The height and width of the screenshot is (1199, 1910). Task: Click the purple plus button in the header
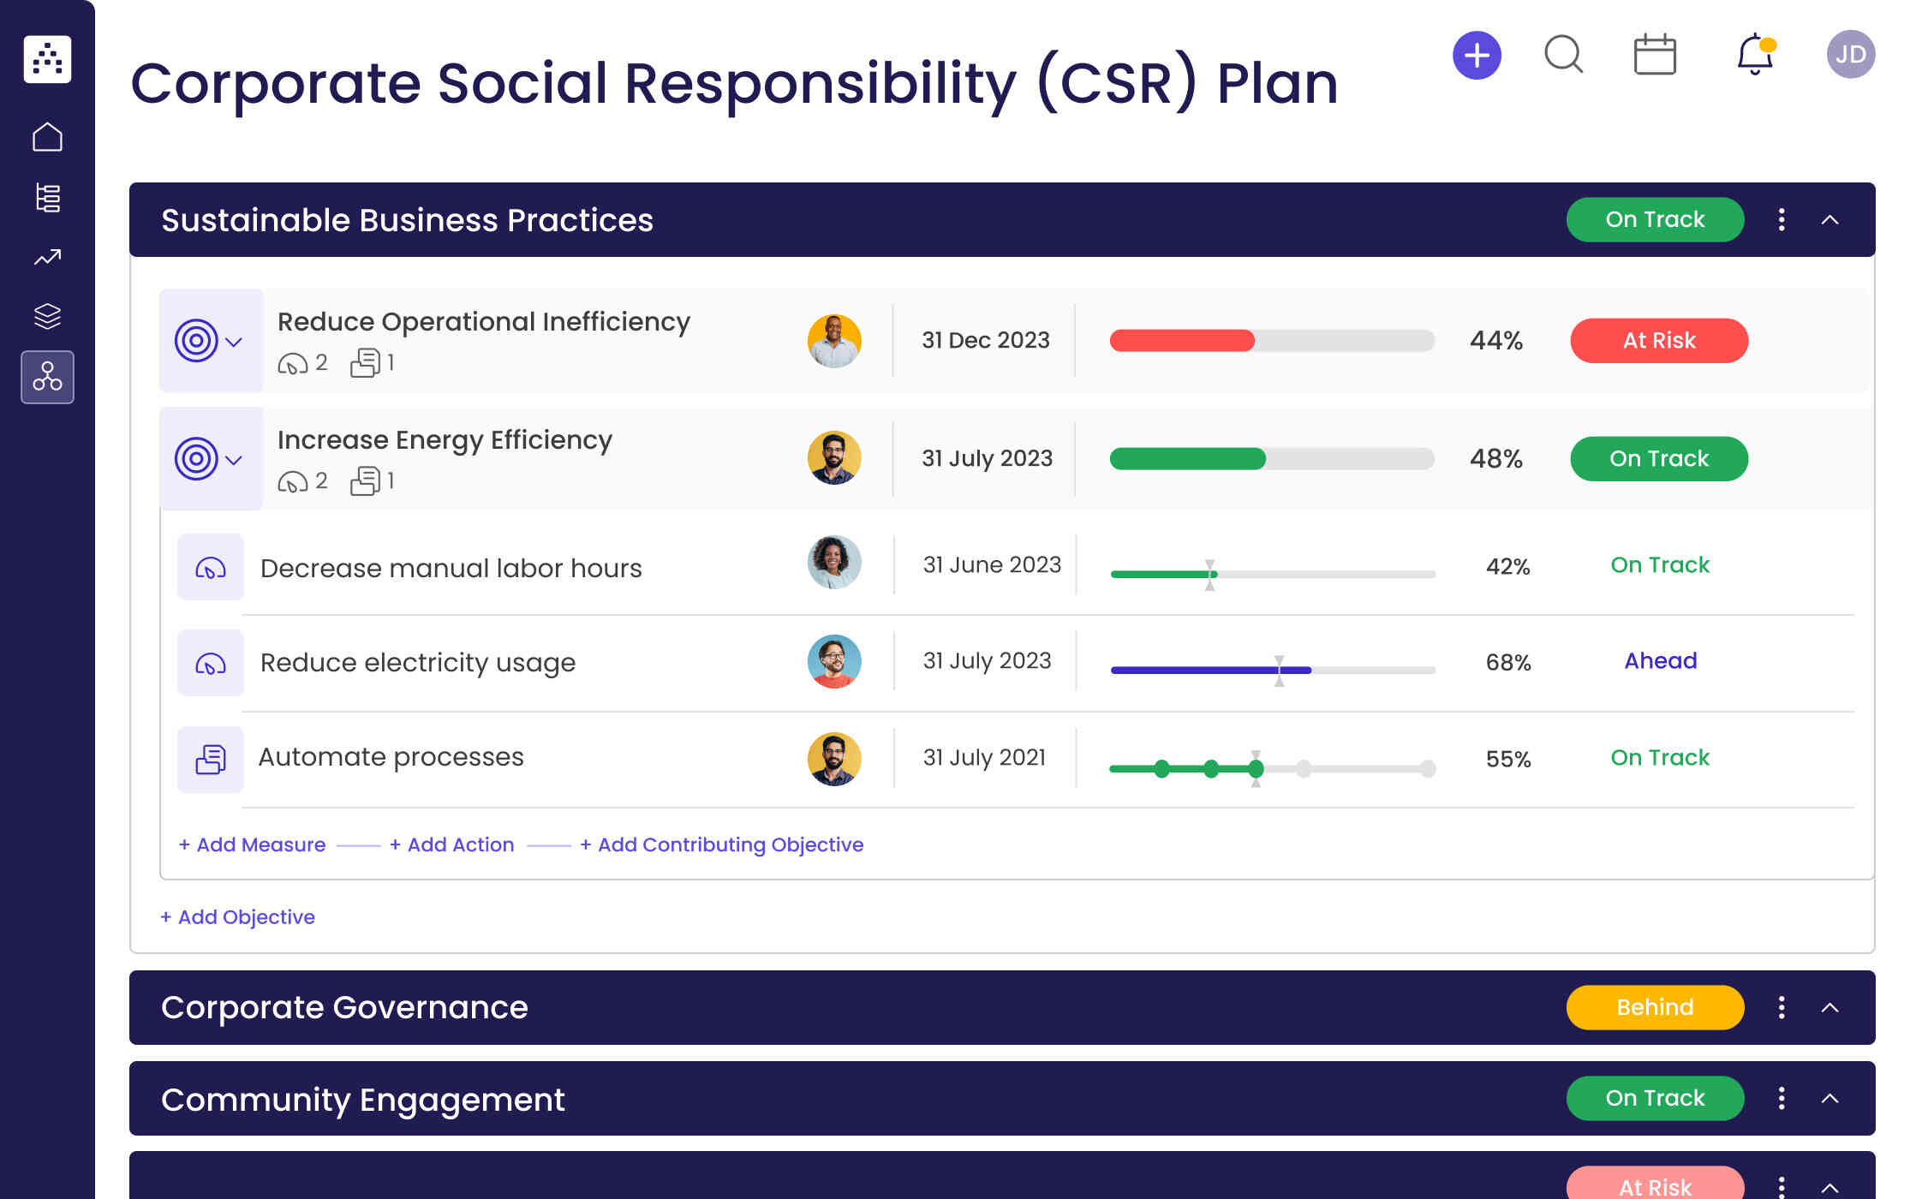[x=1477, y=56]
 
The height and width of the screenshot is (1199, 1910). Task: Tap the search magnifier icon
[x=1563, y=55]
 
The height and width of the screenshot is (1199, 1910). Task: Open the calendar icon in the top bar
[x=1654, y=56]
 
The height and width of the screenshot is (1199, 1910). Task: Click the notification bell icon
[x=1754, y=55]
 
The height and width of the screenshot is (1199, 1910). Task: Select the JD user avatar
[x=1850, y=55]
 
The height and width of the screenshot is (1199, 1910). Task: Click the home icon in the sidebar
[x=47, y=137]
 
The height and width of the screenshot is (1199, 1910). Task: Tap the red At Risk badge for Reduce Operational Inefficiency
[x=1658, y=341]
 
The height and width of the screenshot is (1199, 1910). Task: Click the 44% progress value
[x=1495, y=341]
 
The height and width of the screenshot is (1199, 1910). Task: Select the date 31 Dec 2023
[x=985, y=341]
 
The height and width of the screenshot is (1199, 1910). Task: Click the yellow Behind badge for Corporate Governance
[x=1654, y=1007]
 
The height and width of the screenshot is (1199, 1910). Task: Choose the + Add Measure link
[x=252, y=844]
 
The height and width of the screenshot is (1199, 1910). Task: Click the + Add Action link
[x=451, y=844]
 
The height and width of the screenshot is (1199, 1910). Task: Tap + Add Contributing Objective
[x=721, y=844]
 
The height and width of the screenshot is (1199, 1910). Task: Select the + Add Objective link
[x=237, y=917]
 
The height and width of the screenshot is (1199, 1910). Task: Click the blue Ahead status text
[x=1660, y=661]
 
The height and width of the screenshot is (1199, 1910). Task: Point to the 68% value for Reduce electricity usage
[x=1507, y=663]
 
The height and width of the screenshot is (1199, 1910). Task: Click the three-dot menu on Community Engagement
[x=1782, y=1098]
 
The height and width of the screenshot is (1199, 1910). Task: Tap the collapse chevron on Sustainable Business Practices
[x=1829, y=220]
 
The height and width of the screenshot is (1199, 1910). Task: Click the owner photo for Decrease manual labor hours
[x=833, y=563]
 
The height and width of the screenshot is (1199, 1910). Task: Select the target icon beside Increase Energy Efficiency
[x=196, y=459]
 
